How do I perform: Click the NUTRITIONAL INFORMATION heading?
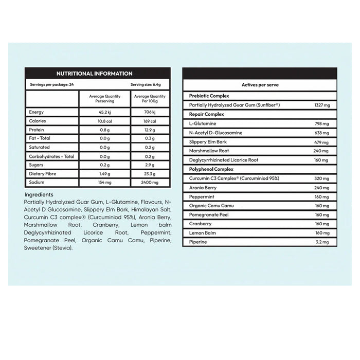point(94,74)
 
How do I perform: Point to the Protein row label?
point(37,130)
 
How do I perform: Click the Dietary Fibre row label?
point(42,174)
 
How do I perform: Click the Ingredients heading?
point(39,195)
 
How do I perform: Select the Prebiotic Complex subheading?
point(209,96)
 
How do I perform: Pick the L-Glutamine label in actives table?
point(203,123)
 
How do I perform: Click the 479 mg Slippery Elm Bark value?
point(321,141)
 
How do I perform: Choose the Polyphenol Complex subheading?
point(211,169)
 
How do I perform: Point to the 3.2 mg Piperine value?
point(321,242)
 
